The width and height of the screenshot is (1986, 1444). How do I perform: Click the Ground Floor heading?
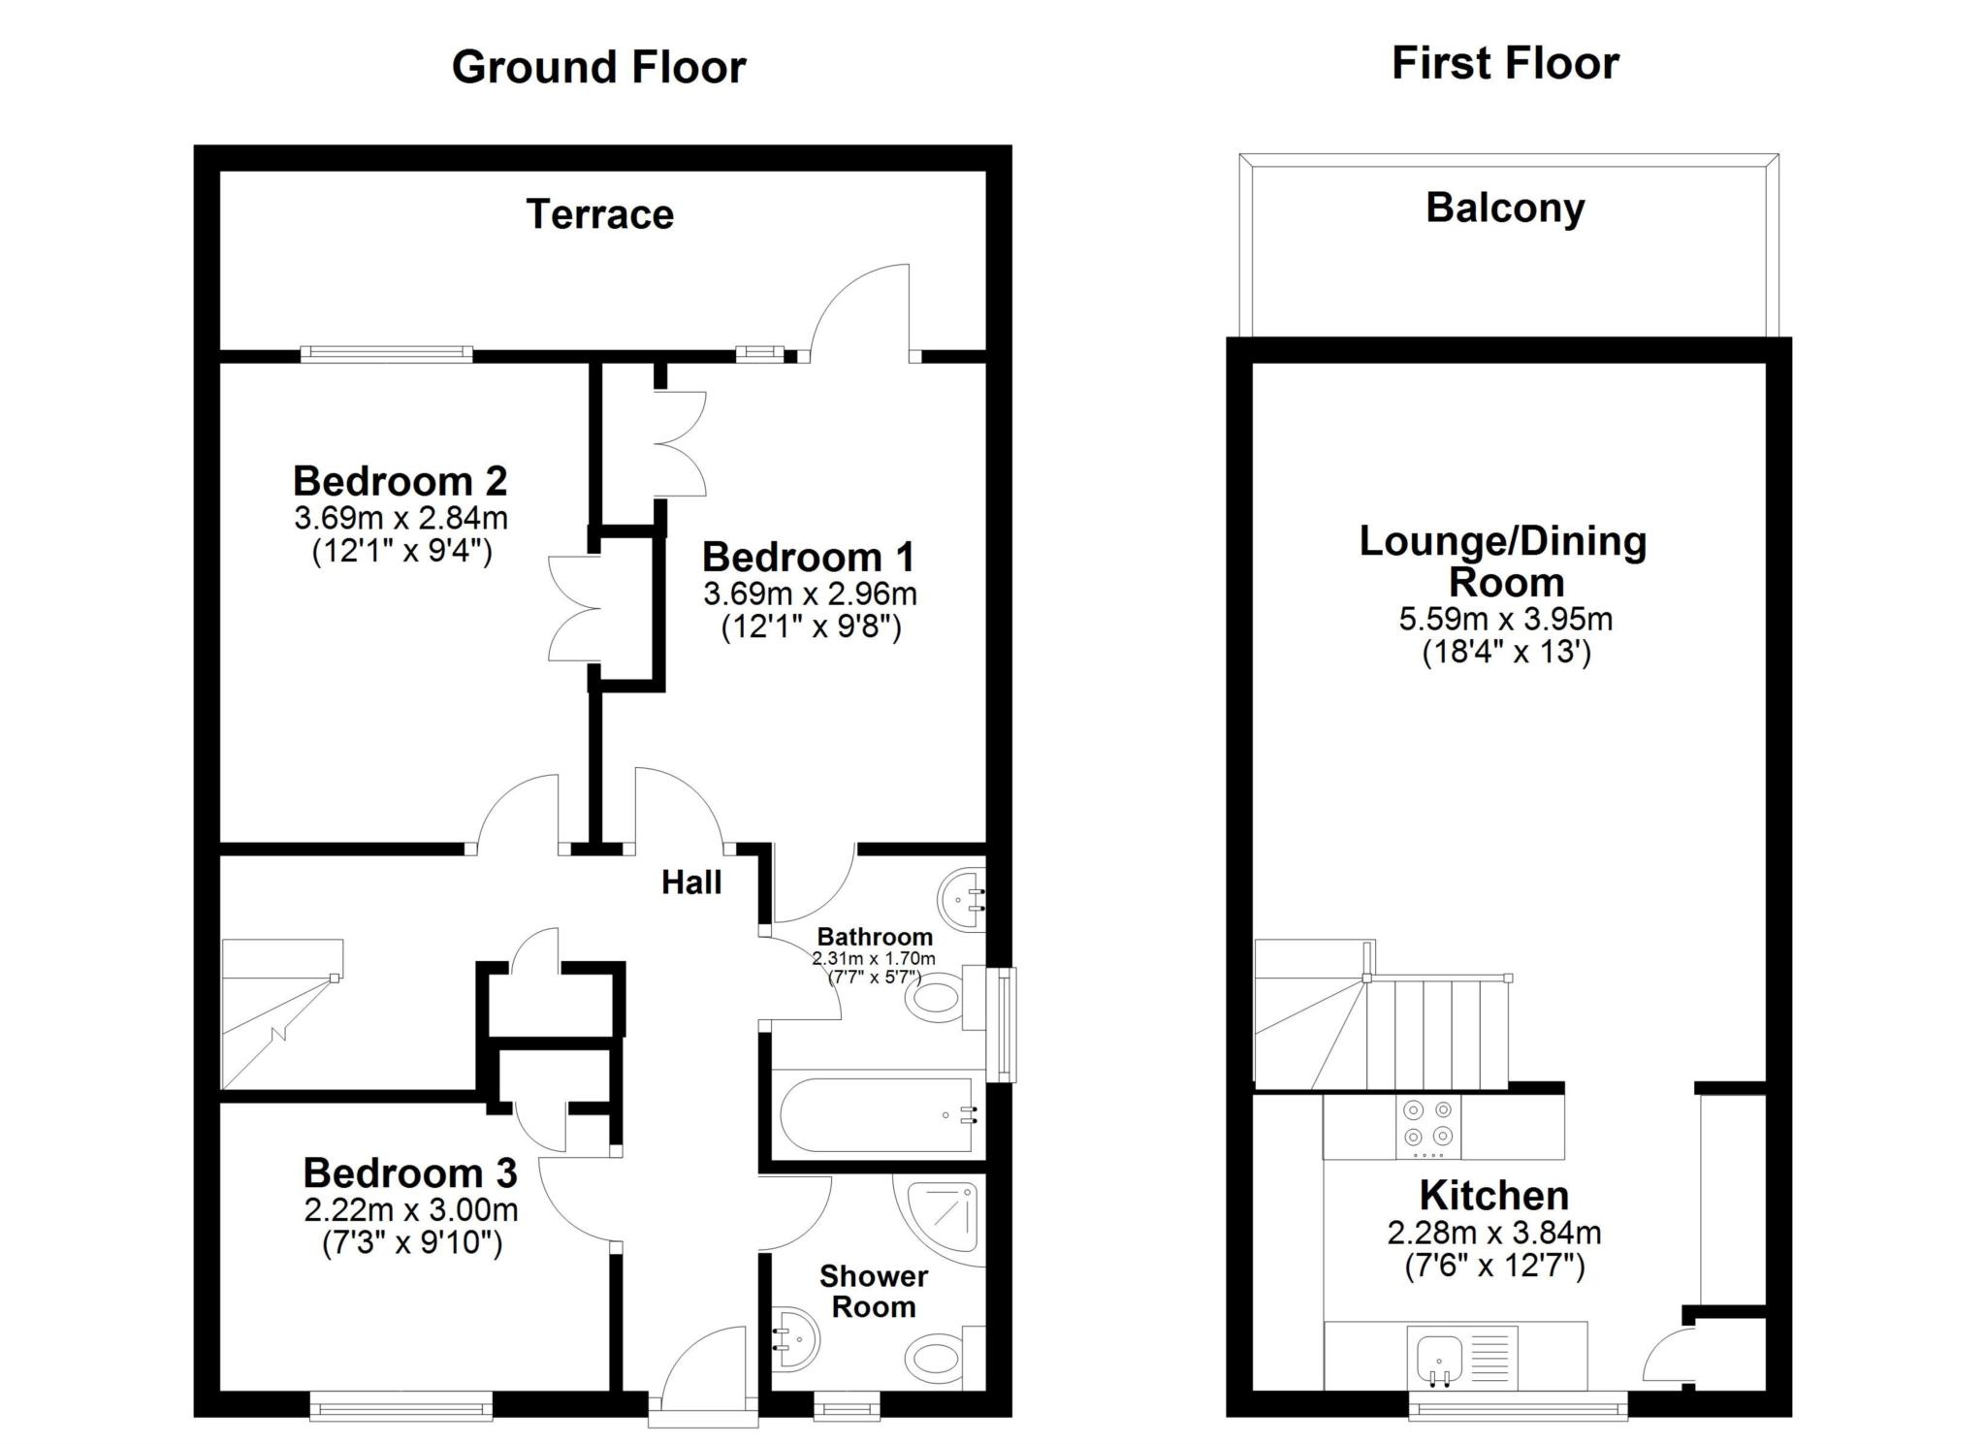pyautogui.click(x=598, y=68)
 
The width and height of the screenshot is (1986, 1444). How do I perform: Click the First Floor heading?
pyautogui.click(x=1504, y=64)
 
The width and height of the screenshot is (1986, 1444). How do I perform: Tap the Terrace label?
pyautogui.click(x=599, y=214)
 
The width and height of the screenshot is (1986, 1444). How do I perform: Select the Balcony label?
pyautogui.click(x=1505, y=209)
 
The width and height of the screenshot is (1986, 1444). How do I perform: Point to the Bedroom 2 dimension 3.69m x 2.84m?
pyautogui.click(x=400, y=518)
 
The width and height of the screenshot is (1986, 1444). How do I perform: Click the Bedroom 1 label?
pyautogui.click(x=808, y=557)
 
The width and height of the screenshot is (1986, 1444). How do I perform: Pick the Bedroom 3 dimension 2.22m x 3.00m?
pyautogui.click(x=410, y=1210)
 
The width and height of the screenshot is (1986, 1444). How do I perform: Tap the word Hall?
pyautogui.click(x=691, y=882)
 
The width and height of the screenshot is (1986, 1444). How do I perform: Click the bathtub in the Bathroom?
pyautogui.click(x=876, y=1114)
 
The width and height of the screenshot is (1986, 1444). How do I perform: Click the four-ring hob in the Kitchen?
pyautogui.click(x=1427, y=1125)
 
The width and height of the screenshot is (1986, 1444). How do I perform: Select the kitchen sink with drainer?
pyautogui.click(x=1461, y=1357)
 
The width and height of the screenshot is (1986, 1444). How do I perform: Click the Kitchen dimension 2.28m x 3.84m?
pyautogui.click(x=1493, y=1234)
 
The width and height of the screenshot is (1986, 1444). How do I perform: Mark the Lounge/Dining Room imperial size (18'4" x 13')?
pyautogui.click(x=1506, y=652)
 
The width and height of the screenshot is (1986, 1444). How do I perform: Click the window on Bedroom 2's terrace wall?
pyautogui.click(x=386, y=355)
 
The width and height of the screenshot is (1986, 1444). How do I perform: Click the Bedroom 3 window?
pyautogui.click(x=400, y=1405)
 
